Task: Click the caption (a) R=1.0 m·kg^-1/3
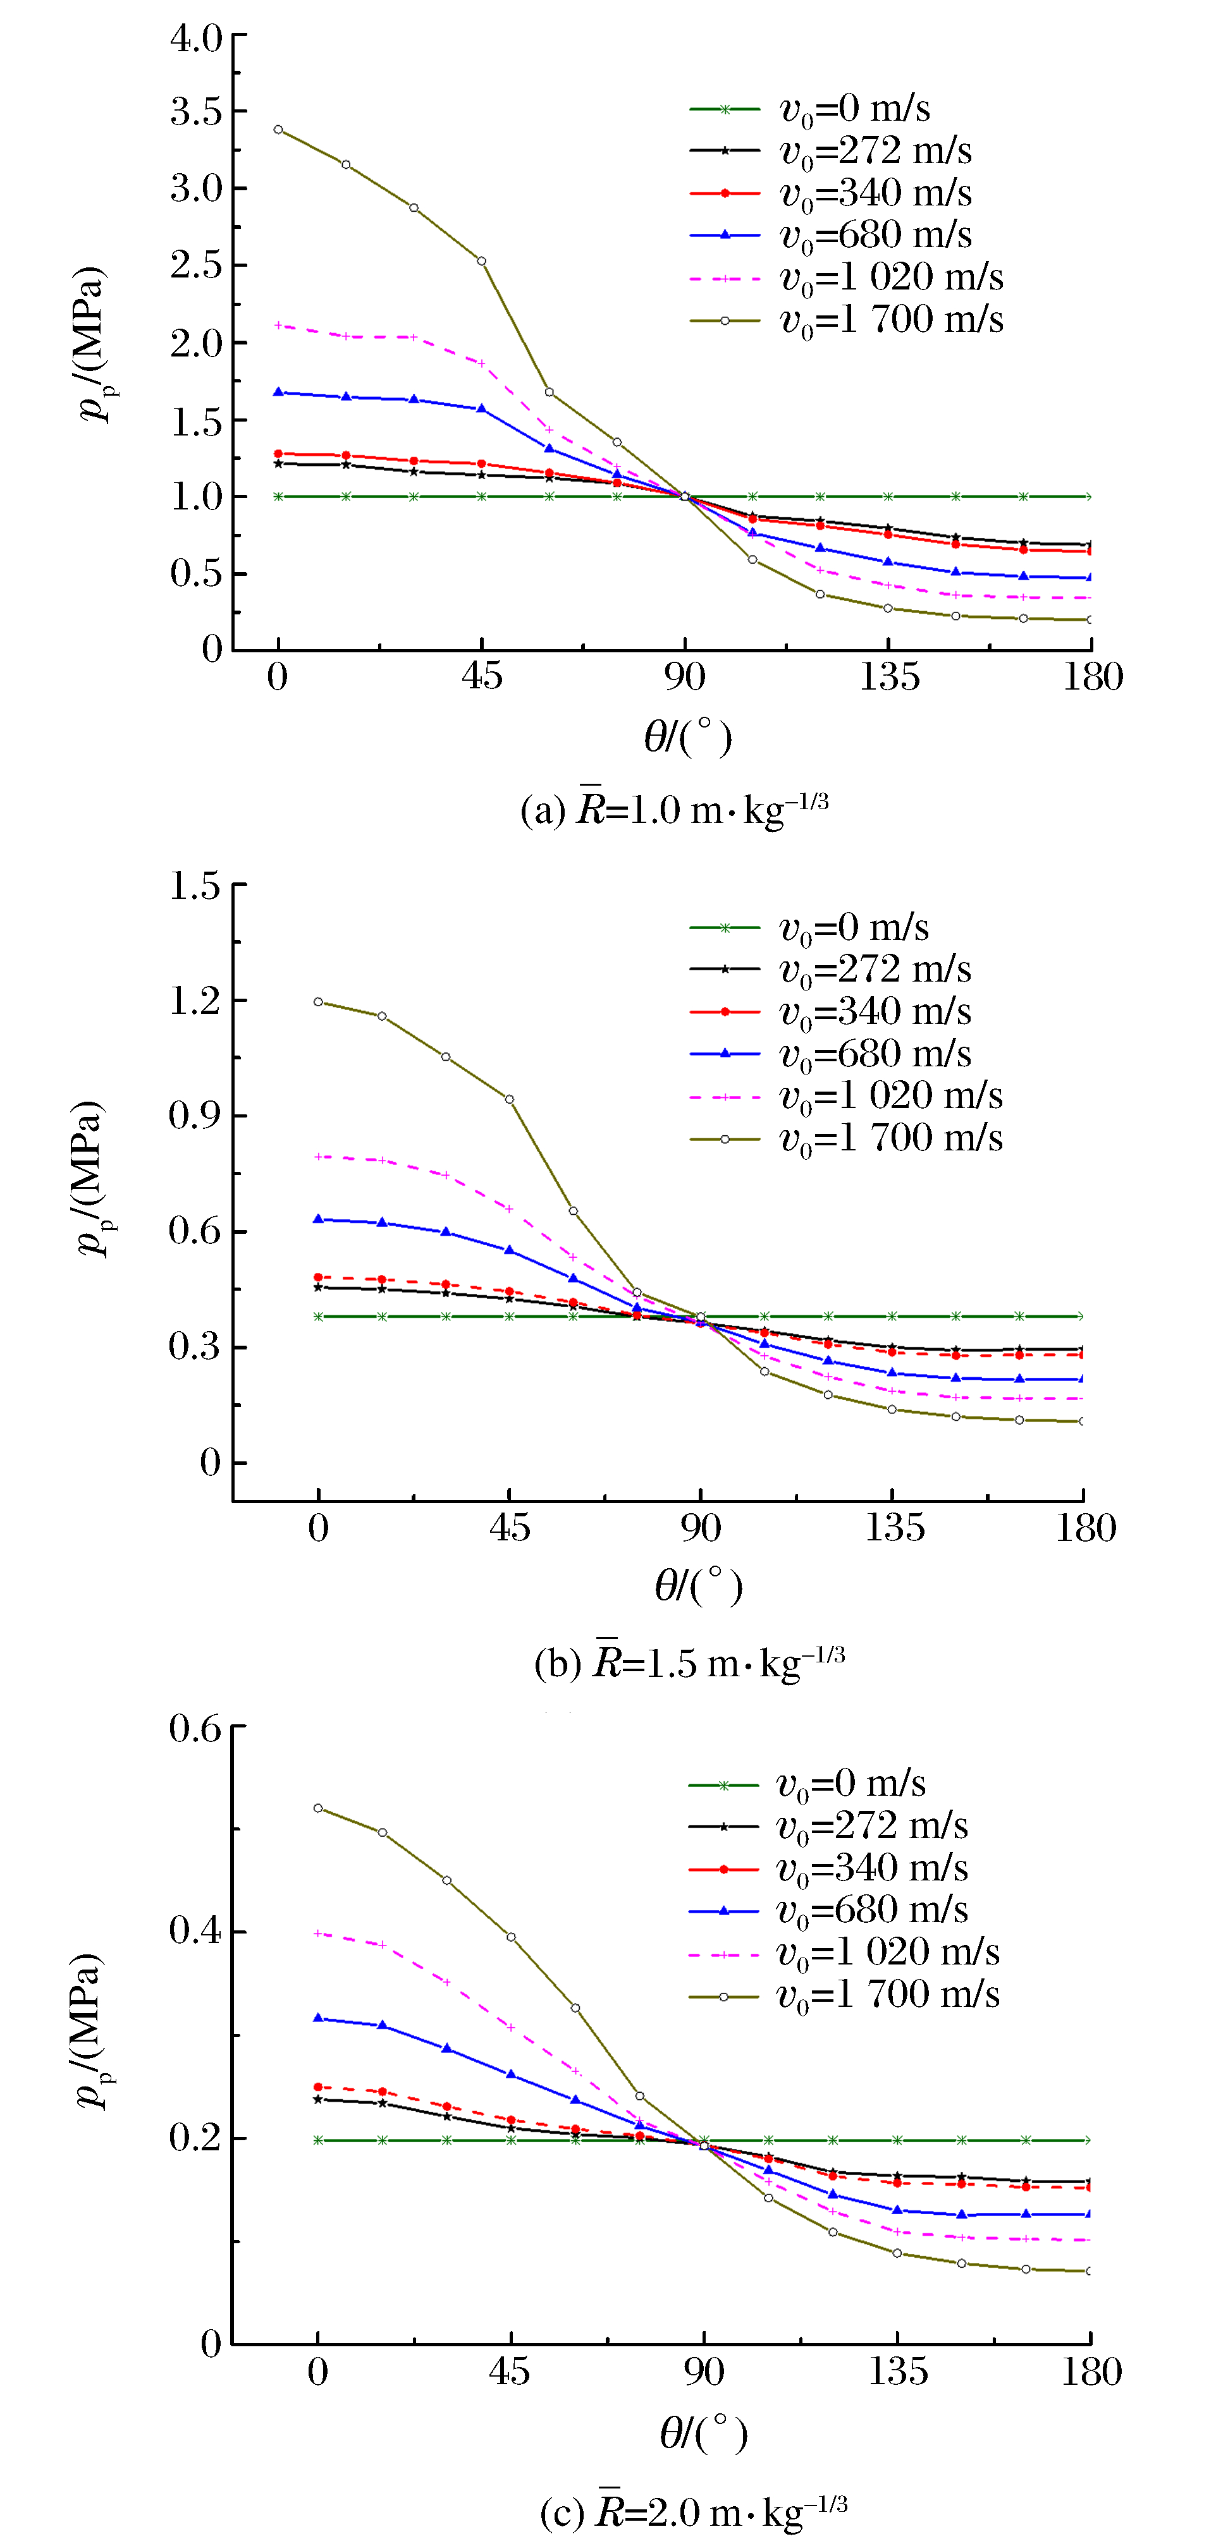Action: coord(674,810)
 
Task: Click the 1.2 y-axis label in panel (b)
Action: coord(195,1000)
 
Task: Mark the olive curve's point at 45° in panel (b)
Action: coord(509,1099)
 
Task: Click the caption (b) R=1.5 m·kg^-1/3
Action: coord(689,1662)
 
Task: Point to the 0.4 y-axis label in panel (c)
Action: coord(195,1930)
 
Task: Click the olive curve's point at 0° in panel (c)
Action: coord(318,1809)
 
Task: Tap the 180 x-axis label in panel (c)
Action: coord(1090,2372)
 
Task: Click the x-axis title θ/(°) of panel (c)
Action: coord(703,2433)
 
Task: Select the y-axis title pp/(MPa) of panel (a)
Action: coord(92,343)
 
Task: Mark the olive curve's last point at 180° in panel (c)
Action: coord(1090,2271)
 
